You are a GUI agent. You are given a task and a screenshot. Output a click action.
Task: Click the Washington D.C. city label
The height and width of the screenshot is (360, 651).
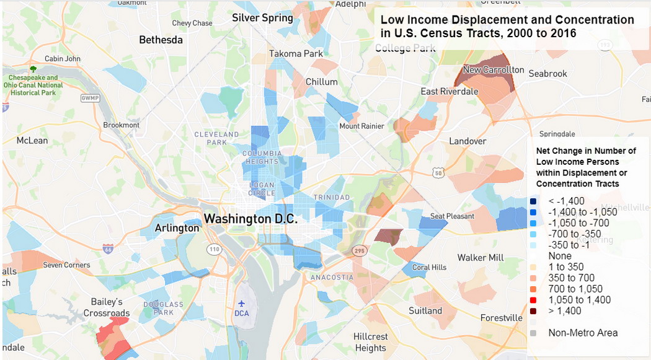tap(251, 219)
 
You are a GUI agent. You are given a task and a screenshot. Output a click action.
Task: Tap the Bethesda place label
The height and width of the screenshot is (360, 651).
tap(161, 40)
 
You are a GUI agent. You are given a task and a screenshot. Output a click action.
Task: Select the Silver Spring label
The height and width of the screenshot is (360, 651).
tap(262, 18)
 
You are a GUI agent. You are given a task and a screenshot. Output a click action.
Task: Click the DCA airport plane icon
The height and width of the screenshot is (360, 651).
tap(241, 304)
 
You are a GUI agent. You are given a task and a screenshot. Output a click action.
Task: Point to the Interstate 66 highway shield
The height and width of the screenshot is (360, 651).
tap(108, 248)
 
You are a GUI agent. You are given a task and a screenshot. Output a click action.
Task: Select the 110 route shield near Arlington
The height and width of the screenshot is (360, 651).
tap(214, 249)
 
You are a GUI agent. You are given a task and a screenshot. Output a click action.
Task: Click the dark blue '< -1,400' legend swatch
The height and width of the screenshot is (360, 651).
tap(533, 201)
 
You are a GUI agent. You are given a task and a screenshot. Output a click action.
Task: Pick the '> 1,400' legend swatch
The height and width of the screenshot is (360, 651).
tap(533, 310)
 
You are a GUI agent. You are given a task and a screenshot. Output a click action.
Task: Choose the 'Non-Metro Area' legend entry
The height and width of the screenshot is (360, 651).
tap(582, 333)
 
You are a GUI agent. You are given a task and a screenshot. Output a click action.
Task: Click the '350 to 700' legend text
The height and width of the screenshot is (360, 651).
tap(571, 278)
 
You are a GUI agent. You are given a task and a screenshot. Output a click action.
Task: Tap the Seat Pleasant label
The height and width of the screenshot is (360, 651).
tap(452, 216)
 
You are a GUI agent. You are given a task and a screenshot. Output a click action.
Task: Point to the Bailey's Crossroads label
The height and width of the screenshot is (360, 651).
tap(107, 307)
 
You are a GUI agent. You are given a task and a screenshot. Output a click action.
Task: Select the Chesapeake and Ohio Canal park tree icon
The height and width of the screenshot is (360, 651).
tap(33, 69)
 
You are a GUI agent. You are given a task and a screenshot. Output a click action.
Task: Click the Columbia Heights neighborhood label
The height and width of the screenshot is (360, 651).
tap(262, 157)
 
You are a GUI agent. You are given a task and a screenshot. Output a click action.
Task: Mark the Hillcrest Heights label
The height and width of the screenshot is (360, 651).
tap(370, 342)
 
